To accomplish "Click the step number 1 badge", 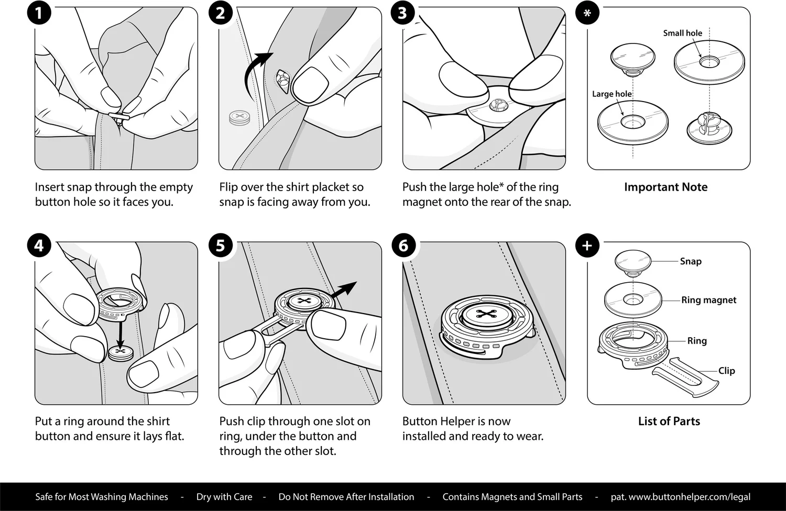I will pyautogui.click(x=39, y=13).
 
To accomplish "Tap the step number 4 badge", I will pyautogui.click(x=39, y=245).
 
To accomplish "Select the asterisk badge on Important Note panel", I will pyautogui.click(x=587, y=13).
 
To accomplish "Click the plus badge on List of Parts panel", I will pyautogui.click(x=587, y=245).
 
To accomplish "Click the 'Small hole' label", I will pyautogui.click(x=682, y=33).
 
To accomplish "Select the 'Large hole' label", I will pyautogui.click(x=612, y=94).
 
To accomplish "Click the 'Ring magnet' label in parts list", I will pyautogui.click(x=708, y=300).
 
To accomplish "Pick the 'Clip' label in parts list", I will pyautogui.click(x=726, y=371).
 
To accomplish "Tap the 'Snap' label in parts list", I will pyautogui.click(x=691, y=261).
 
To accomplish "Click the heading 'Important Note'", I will pyautogui.click(x=665, y=187).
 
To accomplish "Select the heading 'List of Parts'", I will pyautogui.click(x=669, y=421).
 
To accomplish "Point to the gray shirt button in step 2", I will pyautogui.click(x=239, y=117).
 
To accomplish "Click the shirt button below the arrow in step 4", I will pyautogui.click(x=121, y=353).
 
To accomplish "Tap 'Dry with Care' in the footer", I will pyautogui.click(x=224, y=497).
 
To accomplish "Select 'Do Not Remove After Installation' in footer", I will pyautogui.click(x=346, y=497).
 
